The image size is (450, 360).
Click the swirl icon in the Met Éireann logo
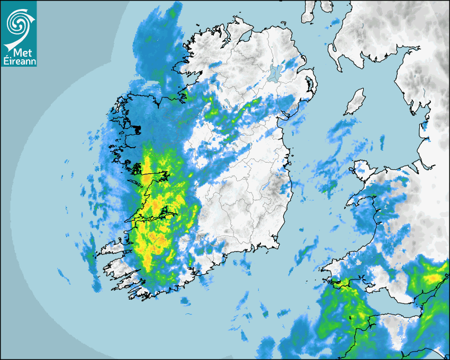[18, 22]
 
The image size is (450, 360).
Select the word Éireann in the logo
[19, 61]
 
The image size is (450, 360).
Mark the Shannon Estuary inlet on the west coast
[154, 217]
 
